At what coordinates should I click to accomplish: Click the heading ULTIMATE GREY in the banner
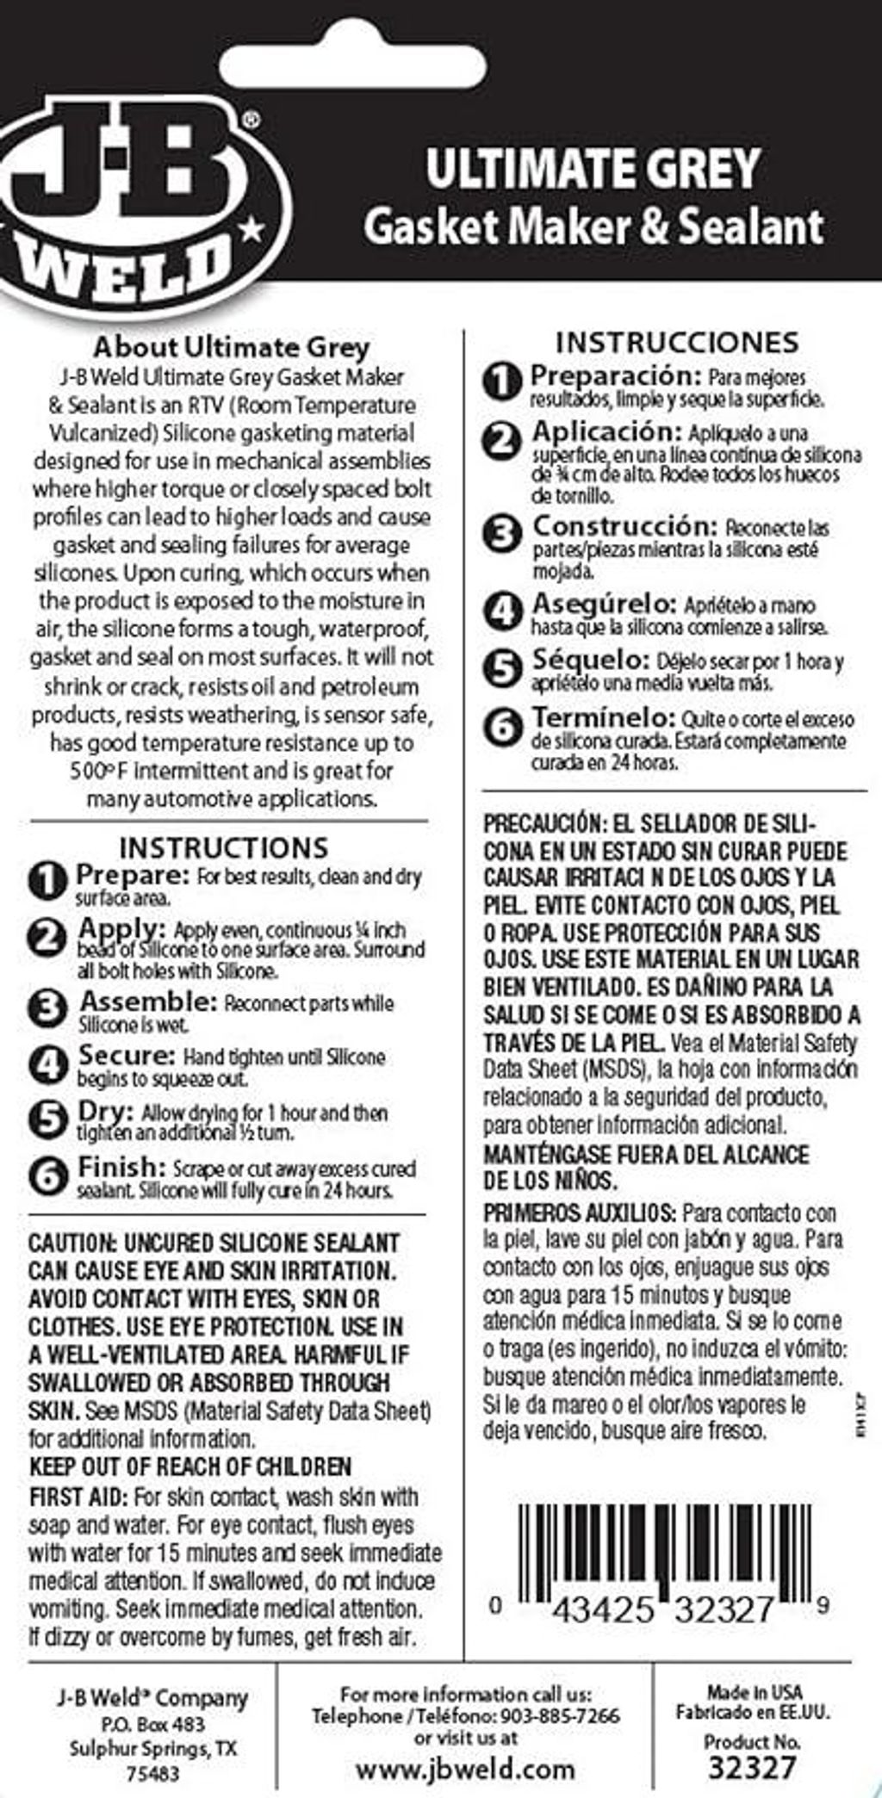[593, 168]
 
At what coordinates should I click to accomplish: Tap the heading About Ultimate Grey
[231, 347]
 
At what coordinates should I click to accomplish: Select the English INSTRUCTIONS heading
[224, 847]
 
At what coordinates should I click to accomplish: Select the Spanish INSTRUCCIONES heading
[677, 342]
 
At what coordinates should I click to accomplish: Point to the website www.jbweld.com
[465, 1769]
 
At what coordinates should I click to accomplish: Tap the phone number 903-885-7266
[560, 1715]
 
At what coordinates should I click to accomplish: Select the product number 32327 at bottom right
[752, 1768]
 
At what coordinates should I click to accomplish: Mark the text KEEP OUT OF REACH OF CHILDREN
[190, 1466]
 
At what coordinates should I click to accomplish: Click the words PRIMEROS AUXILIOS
[580, 1213]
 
